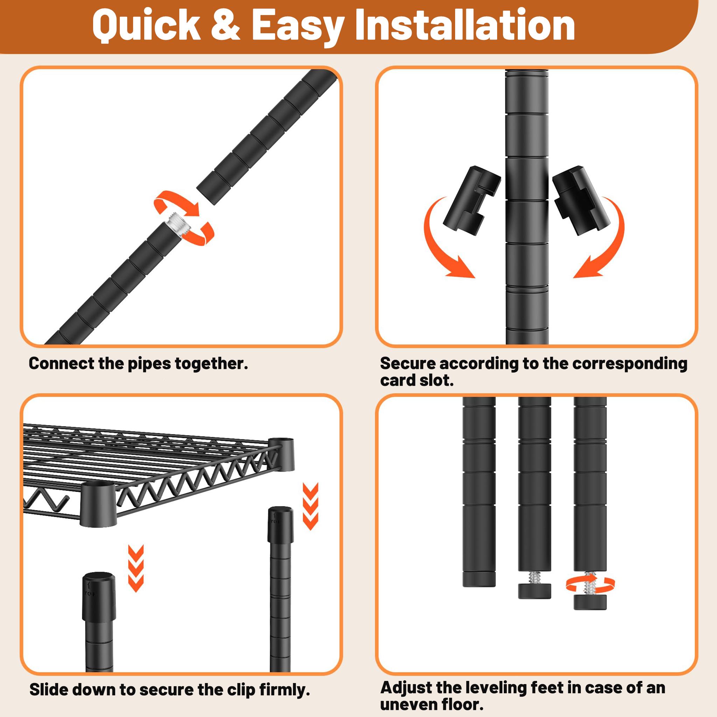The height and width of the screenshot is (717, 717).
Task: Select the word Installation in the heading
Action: (465, 25)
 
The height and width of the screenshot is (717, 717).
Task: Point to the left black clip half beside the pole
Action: (472, 200)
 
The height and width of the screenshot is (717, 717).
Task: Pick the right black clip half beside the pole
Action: (581, 200)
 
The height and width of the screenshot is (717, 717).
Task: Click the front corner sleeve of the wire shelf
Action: (98, 504)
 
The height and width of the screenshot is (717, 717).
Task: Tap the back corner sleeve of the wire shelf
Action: (281, 454)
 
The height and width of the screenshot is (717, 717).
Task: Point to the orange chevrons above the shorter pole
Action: (136, 568)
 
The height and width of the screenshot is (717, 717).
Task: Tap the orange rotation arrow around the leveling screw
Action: (590, 584)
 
